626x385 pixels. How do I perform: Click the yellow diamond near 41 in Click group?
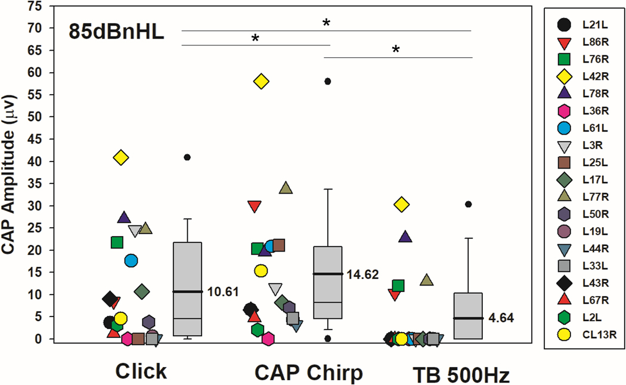pos(122,158)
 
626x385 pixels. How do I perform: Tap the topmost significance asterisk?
pos(326,23)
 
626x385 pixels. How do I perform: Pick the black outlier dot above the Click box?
pos(187,157)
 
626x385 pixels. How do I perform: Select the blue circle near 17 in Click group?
pos(131,260)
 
